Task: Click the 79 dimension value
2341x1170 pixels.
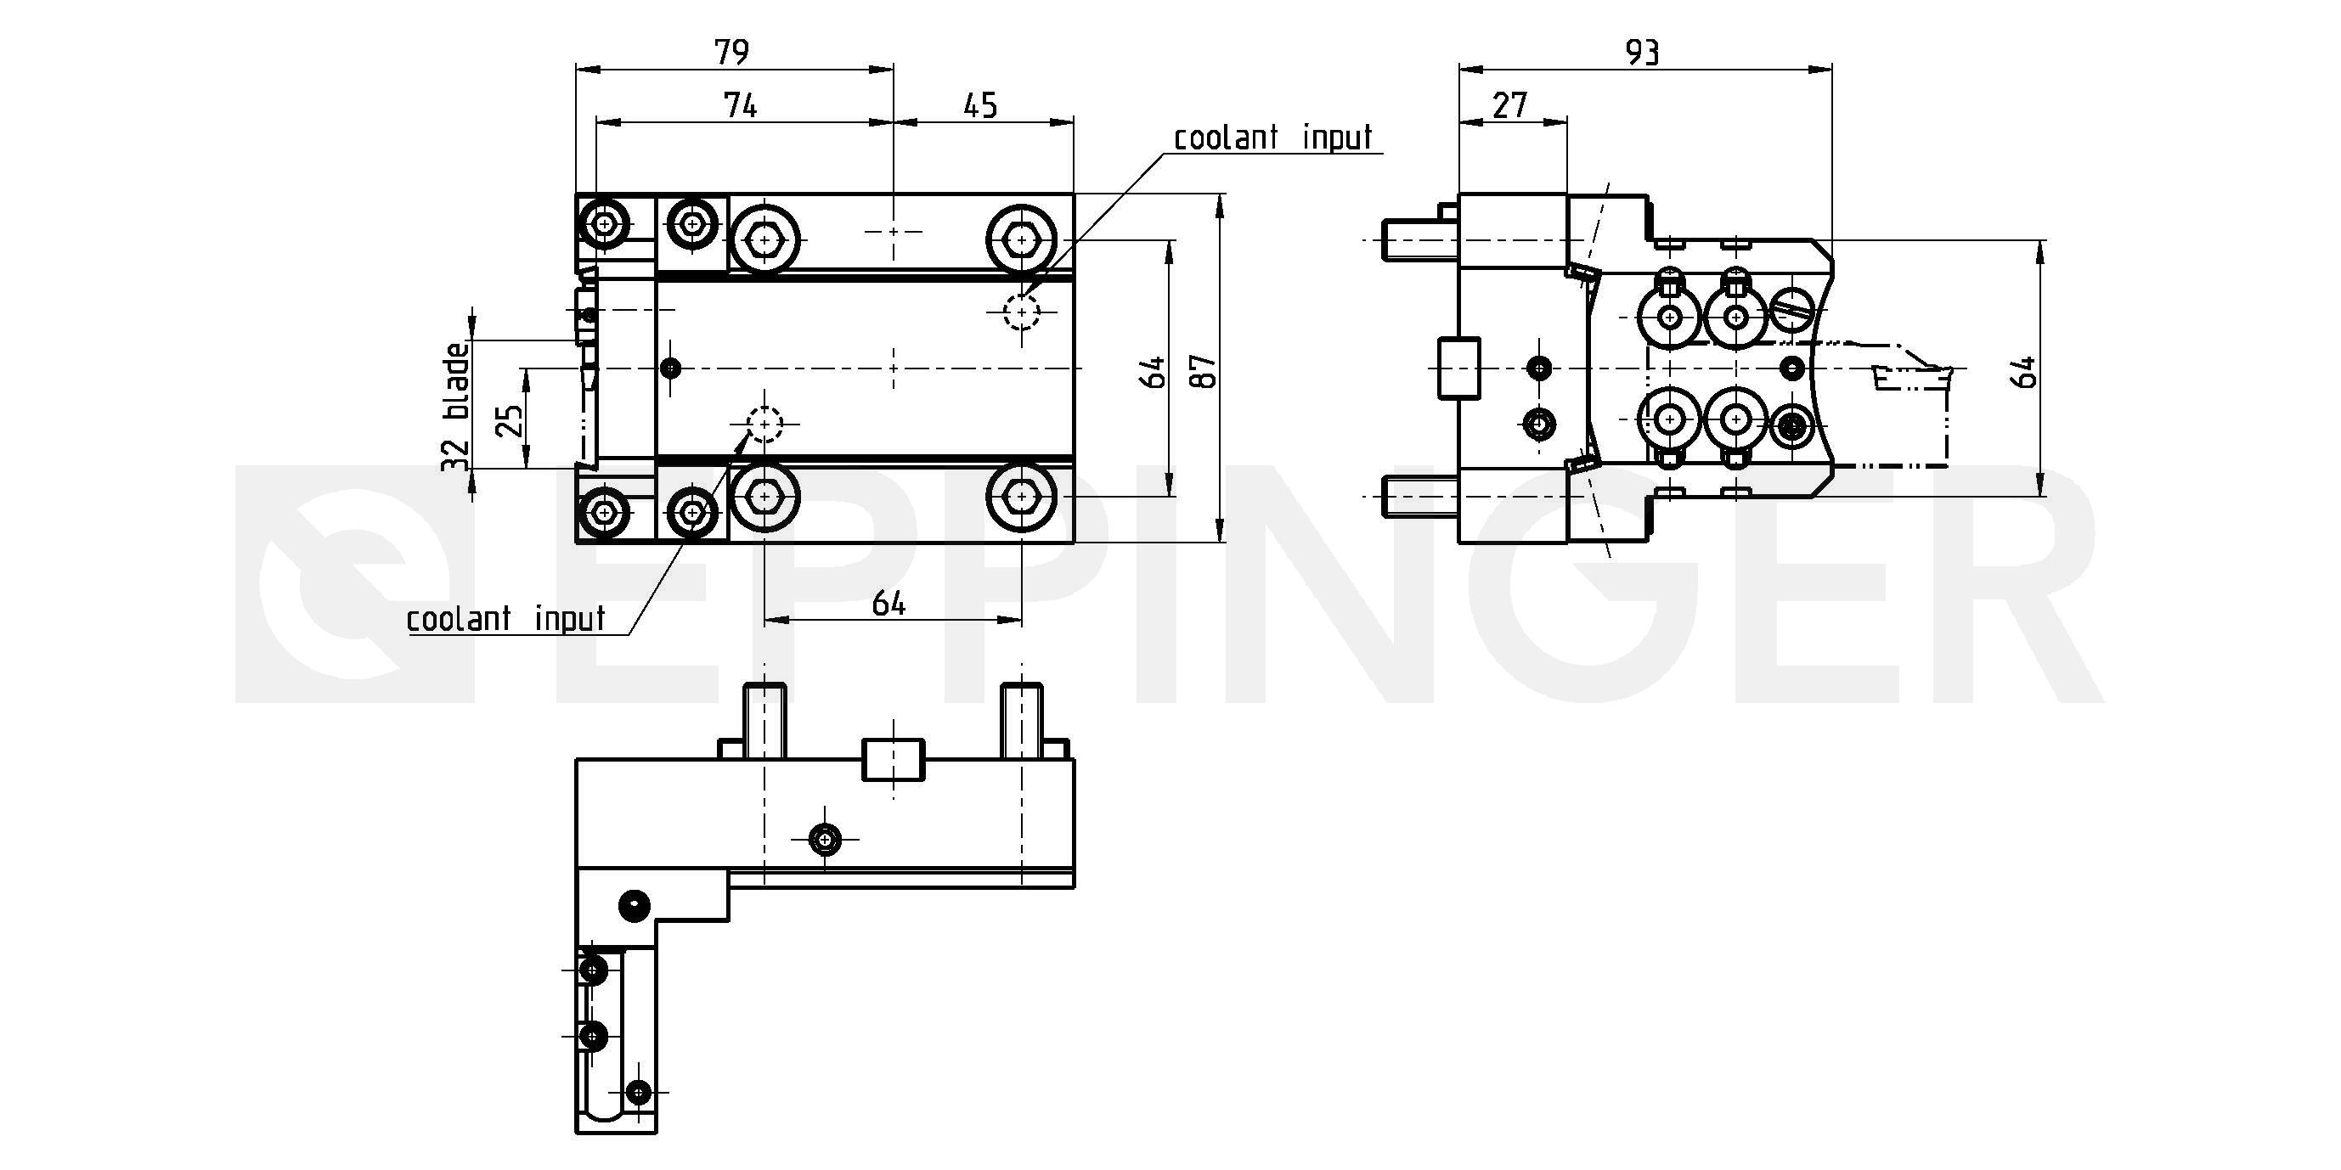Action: click(731, 52)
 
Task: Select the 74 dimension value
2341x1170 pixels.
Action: click(741, 105)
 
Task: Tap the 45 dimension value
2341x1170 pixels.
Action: click(979, 105)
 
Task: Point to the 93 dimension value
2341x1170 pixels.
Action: click(1642, 53)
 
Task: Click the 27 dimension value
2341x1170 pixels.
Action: click(1509, 105)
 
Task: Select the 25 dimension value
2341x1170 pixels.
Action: click(511, 419)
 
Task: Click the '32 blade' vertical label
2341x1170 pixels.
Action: click(456, 406)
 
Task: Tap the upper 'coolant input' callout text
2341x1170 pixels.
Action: click(1272, 138)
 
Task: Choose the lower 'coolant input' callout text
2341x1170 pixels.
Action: click(505, 620)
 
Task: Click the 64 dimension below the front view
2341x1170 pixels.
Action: click(888, 603)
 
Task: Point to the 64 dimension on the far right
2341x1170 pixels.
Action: click(2023, 373)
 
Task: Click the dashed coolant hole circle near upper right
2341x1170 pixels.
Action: click(1022, 312)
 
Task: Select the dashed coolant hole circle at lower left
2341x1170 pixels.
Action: click(764, 424)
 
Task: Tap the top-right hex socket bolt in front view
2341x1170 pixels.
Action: click(1023, 239)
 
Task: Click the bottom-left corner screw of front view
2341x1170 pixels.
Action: click(604, 512)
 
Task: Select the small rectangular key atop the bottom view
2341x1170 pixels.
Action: click(893, 759)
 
